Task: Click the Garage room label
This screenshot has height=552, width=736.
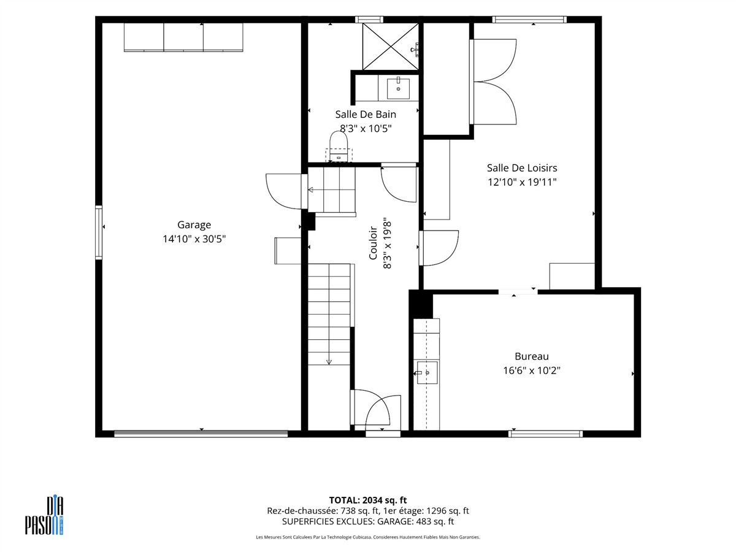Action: coord(194,225)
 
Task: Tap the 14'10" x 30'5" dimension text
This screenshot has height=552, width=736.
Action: coord(194,239)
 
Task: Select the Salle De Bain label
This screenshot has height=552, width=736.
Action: coord(366,114)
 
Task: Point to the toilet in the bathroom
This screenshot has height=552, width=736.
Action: coord(339,147)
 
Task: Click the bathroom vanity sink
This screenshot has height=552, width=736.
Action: coord(398,88)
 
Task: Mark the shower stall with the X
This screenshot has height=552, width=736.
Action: coord(390,46)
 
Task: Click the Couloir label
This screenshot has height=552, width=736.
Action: coord(373,243)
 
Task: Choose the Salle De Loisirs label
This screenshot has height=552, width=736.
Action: coord(522,167)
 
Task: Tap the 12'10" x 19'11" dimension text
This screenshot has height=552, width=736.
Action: coord(522,182)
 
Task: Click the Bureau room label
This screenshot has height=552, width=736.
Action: coord(532,356)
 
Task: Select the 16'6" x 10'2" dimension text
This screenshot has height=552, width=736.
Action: coord(532,370)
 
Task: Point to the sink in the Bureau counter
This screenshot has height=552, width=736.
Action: coord(427,373)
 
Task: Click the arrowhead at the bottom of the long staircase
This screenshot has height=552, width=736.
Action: coord(329,362)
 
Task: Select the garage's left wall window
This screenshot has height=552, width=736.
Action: coord(99,232)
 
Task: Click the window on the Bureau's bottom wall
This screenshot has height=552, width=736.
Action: coord(545,434)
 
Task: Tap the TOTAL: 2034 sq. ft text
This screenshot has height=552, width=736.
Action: coord(368,500)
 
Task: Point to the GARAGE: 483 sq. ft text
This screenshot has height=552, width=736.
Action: coord(415,521)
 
